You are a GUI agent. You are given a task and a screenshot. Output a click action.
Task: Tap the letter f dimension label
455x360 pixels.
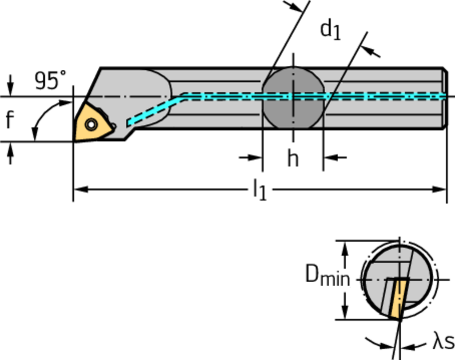10,120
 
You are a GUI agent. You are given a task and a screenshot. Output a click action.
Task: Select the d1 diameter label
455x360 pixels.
331,30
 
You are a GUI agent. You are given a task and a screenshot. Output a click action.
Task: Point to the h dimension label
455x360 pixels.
292,158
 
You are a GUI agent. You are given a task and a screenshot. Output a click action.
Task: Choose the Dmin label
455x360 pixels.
327,276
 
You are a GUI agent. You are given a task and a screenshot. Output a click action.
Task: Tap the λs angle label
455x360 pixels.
443,342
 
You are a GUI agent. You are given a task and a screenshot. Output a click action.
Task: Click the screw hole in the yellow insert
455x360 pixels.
92,125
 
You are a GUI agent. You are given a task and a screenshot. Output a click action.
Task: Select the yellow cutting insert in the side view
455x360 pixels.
92,124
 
